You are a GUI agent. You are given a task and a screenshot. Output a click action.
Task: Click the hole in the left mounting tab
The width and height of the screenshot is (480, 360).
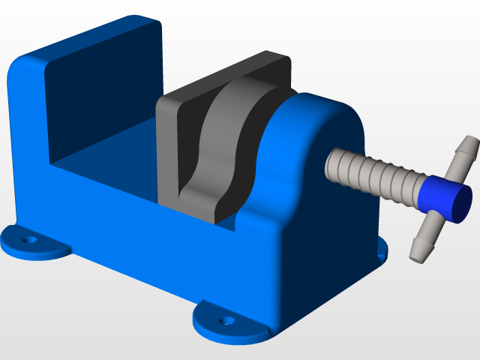30,241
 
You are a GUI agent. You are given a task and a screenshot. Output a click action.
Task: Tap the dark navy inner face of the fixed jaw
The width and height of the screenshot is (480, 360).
105,97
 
